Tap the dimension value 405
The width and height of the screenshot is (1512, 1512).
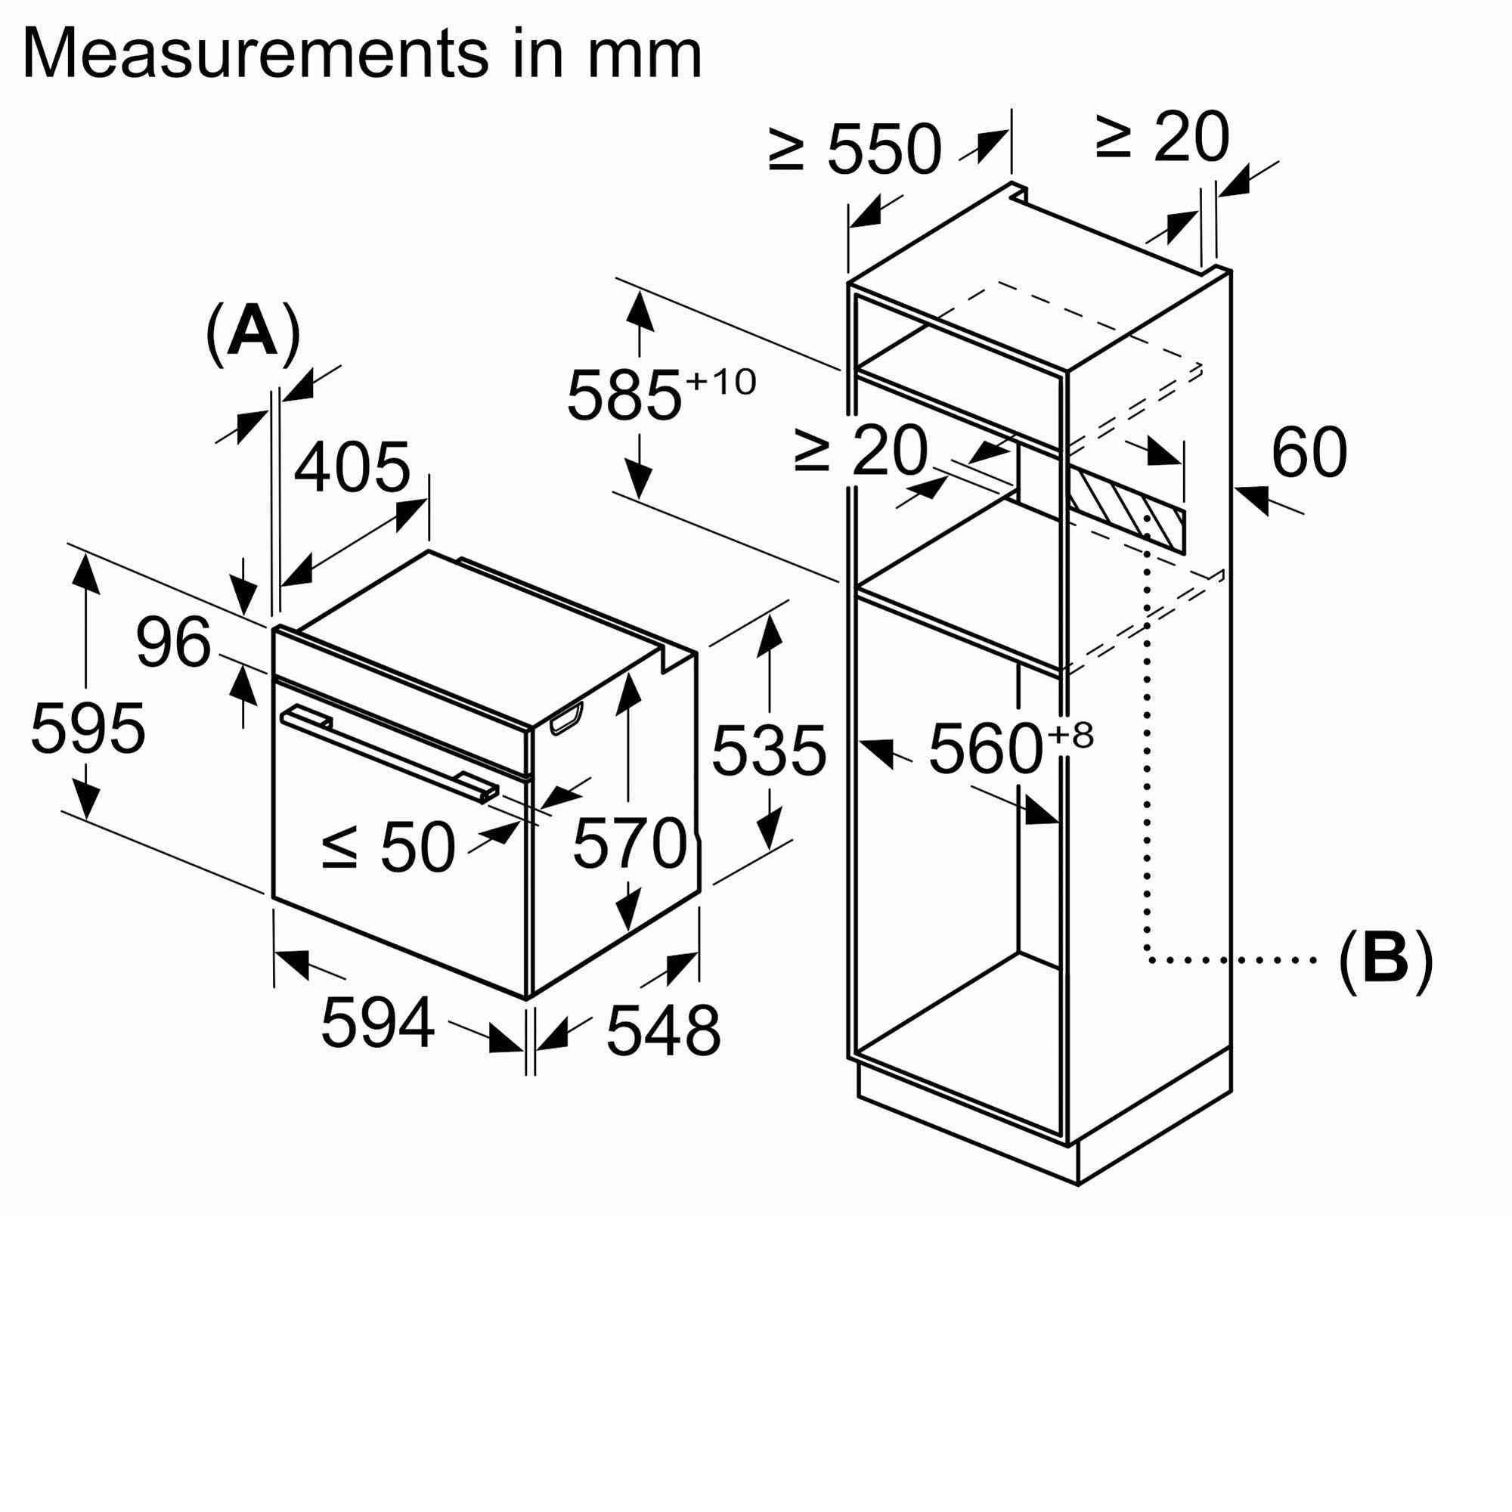click(352, 468)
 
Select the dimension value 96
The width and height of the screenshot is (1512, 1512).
click(173, 643)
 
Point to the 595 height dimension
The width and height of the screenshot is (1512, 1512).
click(88, 729)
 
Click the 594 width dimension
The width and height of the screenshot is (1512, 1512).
click(378, 1022)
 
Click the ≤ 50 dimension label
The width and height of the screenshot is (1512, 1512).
click(388, 847)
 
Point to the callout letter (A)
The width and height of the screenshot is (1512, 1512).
click(253, 333)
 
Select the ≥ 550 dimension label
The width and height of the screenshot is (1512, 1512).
click(854, 149)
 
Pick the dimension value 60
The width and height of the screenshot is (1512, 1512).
click(1309, 452)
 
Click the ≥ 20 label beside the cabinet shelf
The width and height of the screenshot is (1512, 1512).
click(861, 451)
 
